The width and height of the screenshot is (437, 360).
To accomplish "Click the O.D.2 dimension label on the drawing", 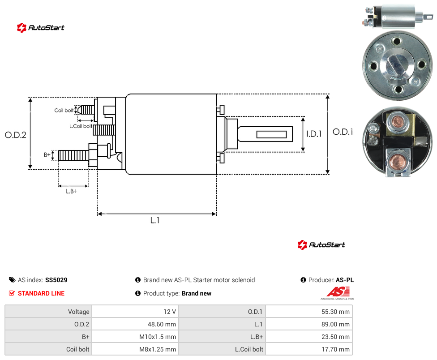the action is click(16, 135).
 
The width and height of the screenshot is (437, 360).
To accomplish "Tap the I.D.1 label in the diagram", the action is click(314, 134).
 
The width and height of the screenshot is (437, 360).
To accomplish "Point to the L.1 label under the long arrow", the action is click(155, 220).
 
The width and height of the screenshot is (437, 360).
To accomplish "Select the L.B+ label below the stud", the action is click(72, 192).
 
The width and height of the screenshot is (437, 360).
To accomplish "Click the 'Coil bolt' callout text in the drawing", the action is click(64, 110).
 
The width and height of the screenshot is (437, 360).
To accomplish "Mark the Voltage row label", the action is click(79, 312).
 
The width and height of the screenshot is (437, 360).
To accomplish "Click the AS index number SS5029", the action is click(56, 280).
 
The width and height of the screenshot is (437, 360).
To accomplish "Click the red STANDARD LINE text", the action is click(41, 293).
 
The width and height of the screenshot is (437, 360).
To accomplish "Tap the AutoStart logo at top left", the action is click(40, 28).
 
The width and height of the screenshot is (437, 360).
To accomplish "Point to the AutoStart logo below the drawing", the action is click(321, 244).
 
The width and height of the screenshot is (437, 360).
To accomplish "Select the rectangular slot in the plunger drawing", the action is click(271, 135).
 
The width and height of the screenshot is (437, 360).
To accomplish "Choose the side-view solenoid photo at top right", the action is click(397, 17).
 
